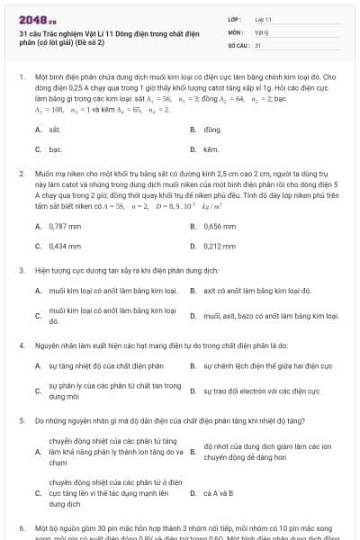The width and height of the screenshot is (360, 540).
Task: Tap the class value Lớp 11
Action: pyautogui.click(x=263, y=18)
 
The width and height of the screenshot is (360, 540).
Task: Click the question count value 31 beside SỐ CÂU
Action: pyautogui.click(x=258, y=44)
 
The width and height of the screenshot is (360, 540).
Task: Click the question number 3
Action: pyautogui.click(x=22, y=269)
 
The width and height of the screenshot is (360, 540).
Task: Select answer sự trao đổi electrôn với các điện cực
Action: pyautogui.click(x=261, y=391)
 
